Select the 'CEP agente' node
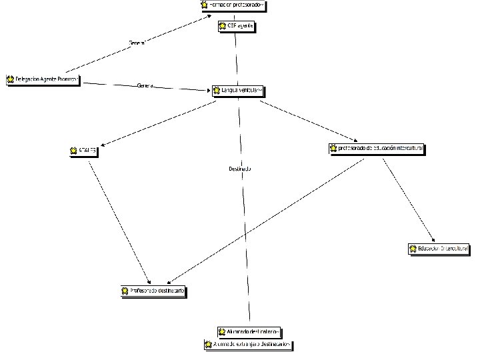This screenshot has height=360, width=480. (236, 27)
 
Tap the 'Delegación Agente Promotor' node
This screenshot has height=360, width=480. (43, 79)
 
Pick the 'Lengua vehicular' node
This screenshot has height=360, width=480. (238, 90)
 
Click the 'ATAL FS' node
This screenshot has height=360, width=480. (84, 151)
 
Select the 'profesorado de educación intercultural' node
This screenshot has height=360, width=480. (377, 148)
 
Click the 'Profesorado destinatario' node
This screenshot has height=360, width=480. (153, 291)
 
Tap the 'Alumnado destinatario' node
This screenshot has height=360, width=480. (250, 331)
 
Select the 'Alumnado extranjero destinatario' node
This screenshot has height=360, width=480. (249, 345)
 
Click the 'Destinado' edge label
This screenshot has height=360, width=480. (239, 169)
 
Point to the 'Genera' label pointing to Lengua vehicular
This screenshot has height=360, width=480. (145, 86)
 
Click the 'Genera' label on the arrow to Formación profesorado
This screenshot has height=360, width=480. (137, 43)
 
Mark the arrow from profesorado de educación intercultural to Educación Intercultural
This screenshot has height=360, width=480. (408, 200)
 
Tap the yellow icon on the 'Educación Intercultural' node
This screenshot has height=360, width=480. (413, 249)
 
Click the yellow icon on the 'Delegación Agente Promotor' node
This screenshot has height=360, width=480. (11, 79)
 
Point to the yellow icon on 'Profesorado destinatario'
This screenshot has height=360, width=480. (125, 291)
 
